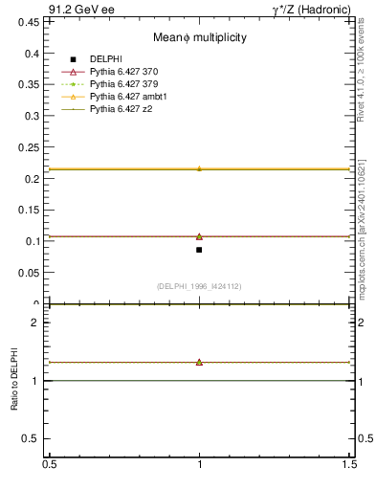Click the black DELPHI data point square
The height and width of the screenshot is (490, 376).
click(x=199, y=250)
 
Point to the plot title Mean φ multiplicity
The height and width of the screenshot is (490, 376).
click(x=200, y=37)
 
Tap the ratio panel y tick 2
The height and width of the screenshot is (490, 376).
click(x=39, y=323)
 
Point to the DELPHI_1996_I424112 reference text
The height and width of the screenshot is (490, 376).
click(x=199, y=286)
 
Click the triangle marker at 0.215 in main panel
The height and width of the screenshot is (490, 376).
click(x=199, y=168)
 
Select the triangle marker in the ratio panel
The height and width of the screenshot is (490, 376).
click(x=199, y=362)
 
